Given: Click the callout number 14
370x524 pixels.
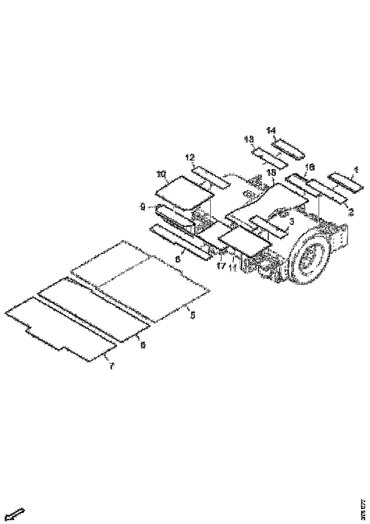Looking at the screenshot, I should coord(271,130).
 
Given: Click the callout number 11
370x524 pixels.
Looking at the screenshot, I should coord(233,268).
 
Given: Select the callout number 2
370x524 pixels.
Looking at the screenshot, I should coord(351,212).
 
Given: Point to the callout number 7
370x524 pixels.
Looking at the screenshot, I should coord(112,366).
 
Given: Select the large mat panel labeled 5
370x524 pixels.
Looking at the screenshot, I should coord(143,281).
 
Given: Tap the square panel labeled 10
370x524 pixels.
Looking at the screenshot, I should coord(184,191).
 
